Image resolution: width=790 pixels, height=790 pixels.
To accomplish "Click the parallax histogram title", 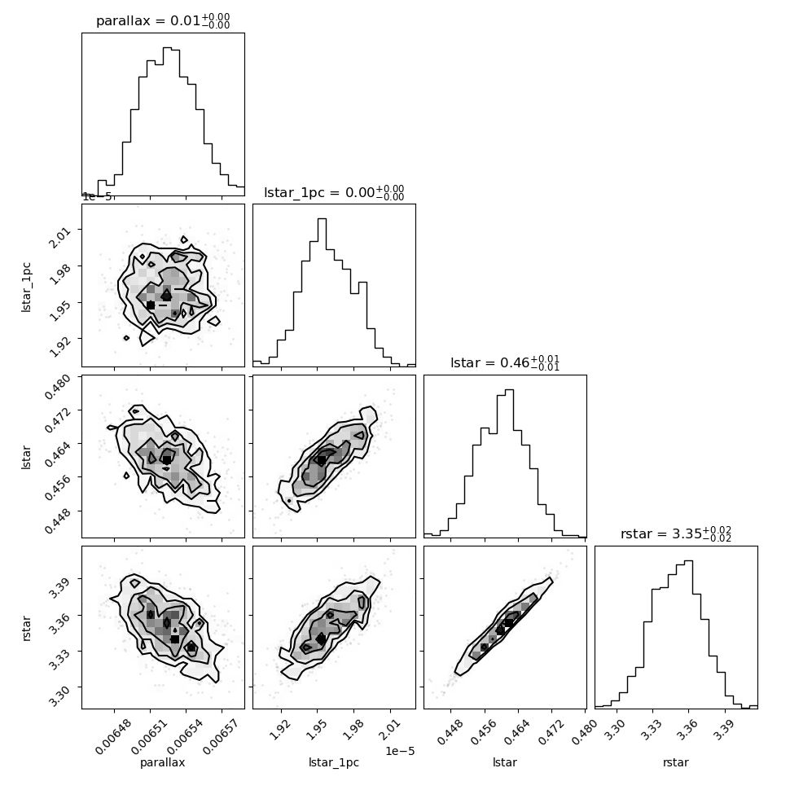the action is [163, 20].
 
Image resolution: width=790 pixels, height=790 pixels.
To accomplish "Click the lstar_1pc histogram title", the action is [334, 192].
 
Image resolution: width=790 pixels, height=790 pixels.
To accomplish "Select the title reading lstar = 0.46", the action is [505, 362].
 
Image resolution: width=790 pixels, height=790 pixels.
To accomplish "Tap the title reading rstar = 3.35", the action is [676, 533].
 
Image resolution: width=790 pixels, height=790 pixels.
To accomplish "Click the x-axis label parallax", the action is [163, 762].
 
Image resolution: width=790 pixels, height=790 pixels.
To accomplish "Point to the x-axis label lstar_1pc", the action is [334, 762].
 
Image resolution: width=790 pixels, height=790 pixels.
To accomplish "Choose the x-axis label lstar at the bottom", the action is [505, 762].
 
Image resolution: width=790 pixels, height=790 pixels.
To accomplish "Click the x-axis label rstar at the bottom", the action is [676, 762].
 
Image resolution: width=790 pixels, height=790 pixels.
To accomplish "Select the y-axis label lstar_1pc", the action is [26, 287].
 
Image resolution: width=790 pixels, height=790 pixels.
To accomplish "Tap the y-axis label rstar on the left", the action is [26, 628].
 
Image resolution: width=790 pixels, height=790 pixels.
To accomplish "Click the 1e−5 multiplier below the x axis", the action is [400, 751].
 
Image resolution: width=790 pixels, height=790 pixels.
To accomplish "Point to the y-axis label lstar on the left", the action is [26, 458].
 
